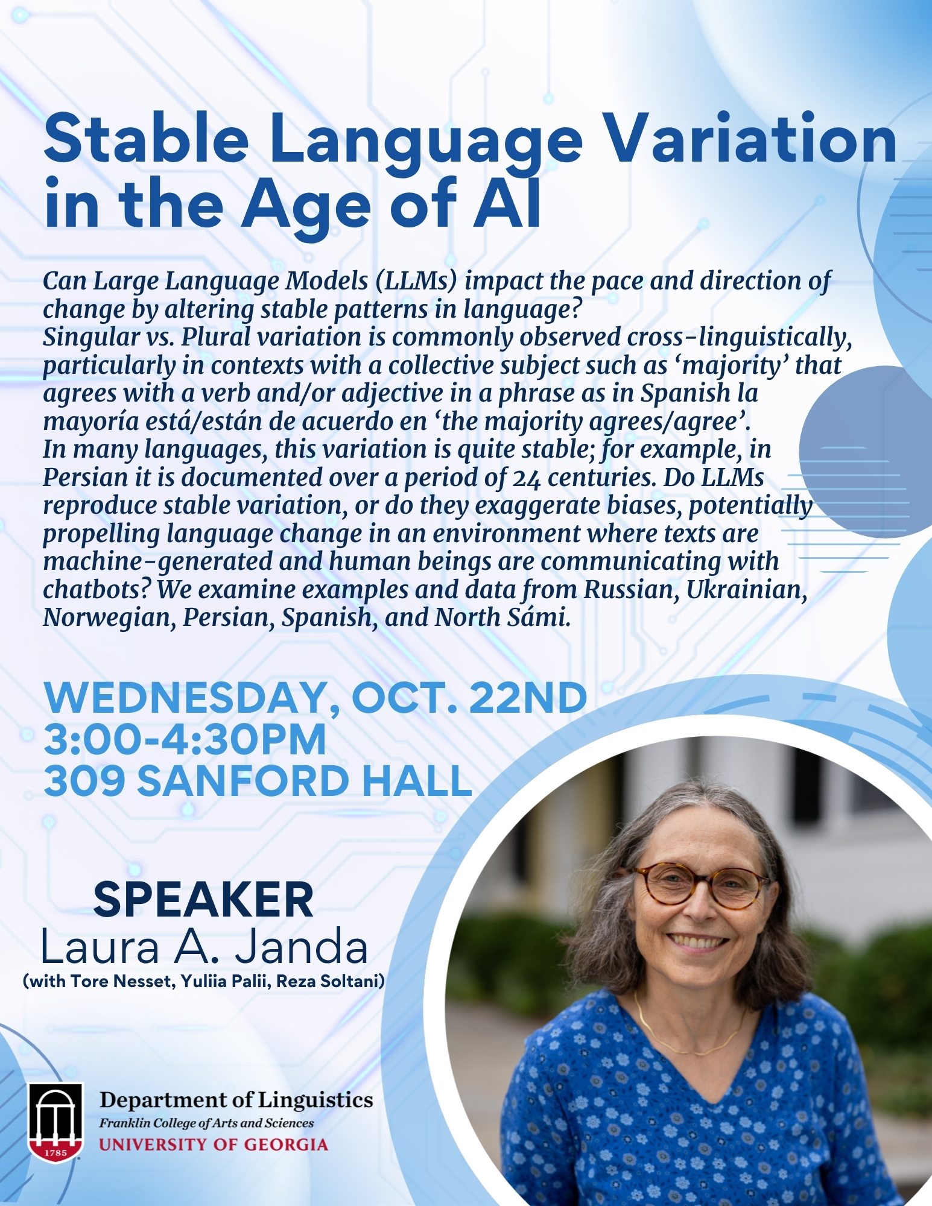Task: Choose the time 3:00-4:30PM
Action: (185, 739)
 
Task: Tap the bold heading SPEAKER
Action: (203, 899)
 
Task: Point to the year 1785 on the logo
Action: (55, 1152)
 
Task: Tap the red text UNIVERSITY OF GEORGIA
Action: (214, 1144)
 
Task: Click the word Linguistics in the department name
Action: (315, 1100)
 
